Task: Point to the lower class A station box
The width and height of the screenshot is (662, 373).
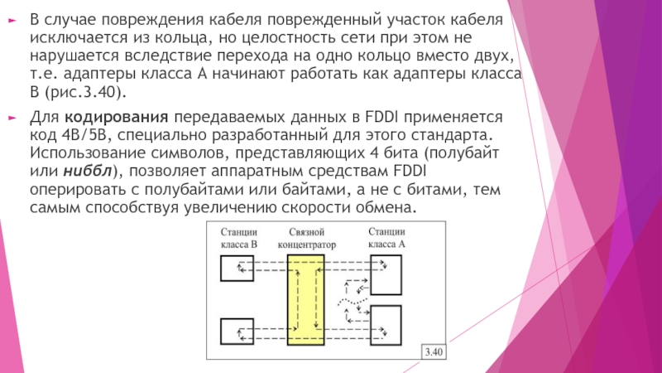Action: coord(386,324)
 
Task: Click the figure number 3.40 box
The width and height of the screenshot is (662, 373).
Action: coord(434,352)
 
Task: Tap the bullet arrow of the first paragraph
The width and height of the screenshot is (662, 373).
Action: coord(11,18)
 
